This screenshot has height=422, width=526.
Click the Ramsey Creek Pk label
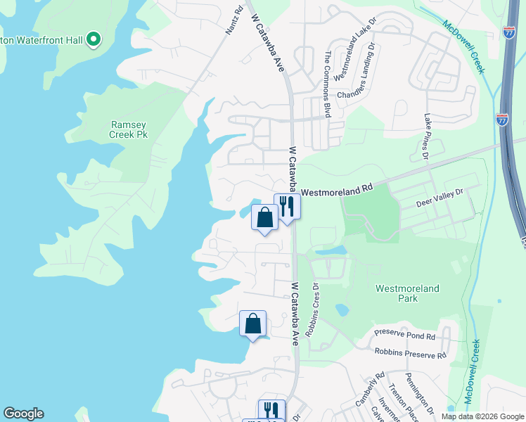click(x=129, y=129)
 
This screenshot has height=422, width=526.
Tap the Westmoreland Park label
click(x=407, y=293)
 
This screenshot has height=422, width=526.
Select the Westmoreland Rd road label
click(x=337, y=190)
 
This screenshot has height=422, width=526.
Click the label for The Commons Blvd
click(x=327, y=84)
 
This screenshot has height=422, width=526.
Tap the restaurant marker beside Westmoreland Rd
click(x=287, y=207)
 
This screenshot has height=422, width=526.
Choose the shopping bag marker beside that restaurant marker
click(x=265, y=217)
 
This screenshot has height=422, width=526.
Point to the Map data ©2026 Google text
click(x=482, y=416)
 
